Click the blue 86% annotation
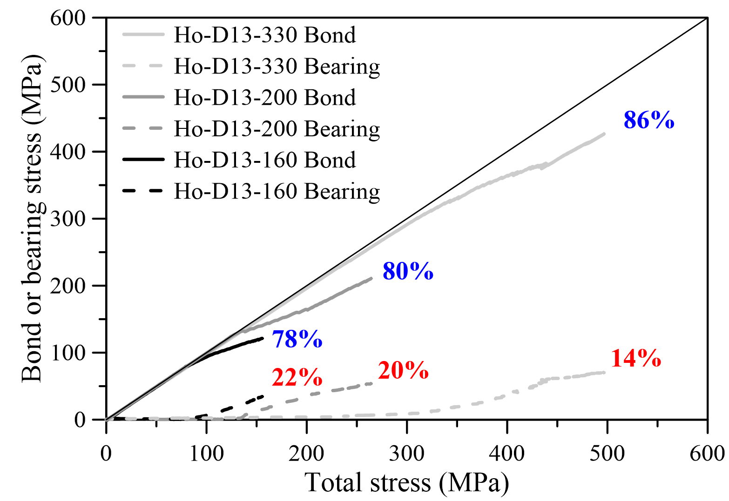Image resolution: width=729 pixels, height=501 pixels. pyautogui.click(x=649, y=120)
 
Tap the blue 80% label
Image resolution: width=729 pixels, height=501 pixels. pyautogui.click(x=408, y=271)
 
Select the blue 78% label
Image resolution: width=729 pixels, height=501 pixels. pyautogui.click(x=297, y=340)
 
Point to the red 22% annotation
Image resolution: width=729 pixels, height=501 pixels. pyautogui.click(x=297, y=378)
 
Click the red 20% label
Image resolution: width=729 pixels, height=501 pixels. pyautogui.click(x=403, y=371)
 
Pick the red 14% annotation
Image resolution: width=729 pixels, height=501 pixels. pyautogui.click(x=636, y=359)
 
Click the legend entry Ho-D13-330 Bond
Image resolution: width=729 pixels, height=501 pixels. pyautogui.click(x=264, y=35)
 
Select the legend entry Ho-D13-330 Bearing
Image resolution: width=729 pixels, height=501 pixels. pyautogui.click(x=277, y=66)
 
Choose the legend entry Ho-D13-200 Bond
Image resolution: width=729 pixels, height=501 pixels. pyautogui.click(x=264, y=97)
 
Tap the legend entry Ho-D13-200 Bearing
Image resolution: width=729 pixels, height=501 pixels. pyautogui.click(x=277, y=129)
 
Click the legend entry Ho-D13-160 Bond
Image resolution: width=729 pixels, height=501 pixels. pyautogui.click(x=264, y=160)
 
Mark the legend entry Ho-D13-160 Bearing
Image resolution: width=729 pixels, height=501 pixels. pyautogui.click(x=277, y=191)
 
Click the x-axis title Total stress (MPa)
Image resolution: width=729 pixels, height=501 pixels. pyautogui.click(x=406, y=482)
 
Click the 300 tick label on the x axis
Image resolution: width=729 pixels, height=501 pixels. pyautogui.click(x=407, y=453)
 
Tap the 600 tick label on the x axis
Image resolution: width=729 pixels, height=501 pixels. pyautogui.click(x=707, y=453)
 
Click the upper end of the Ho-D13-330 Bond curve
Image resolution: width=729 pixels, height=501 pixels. pyautogui.click(x=604, y=134)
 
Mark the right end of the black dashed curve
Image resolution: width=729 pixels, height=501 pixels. pyautogui.click(x=263, y=396)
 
